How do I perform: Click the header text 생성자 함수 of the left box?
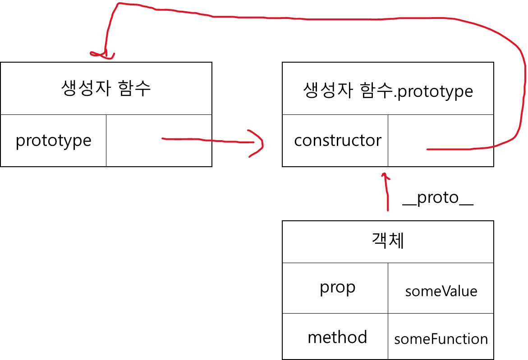click(x=106, y=89)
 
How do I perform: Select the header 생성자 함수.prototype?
click(x=388, y=91)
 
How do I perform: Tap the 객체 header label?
click(x=388, y=242)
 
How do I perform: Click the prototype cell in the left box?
click(x=53, y=141)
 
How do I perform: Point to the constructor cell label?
click(x=337, y=141)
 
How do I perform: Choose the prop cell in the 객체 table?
click(x=337, y=287)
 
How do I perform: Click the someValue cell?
click(x=441, y=291)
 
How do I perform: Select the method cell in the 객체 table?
click(x=337, y=337)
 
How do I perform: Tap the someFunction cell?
click(x=441, y=339)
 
